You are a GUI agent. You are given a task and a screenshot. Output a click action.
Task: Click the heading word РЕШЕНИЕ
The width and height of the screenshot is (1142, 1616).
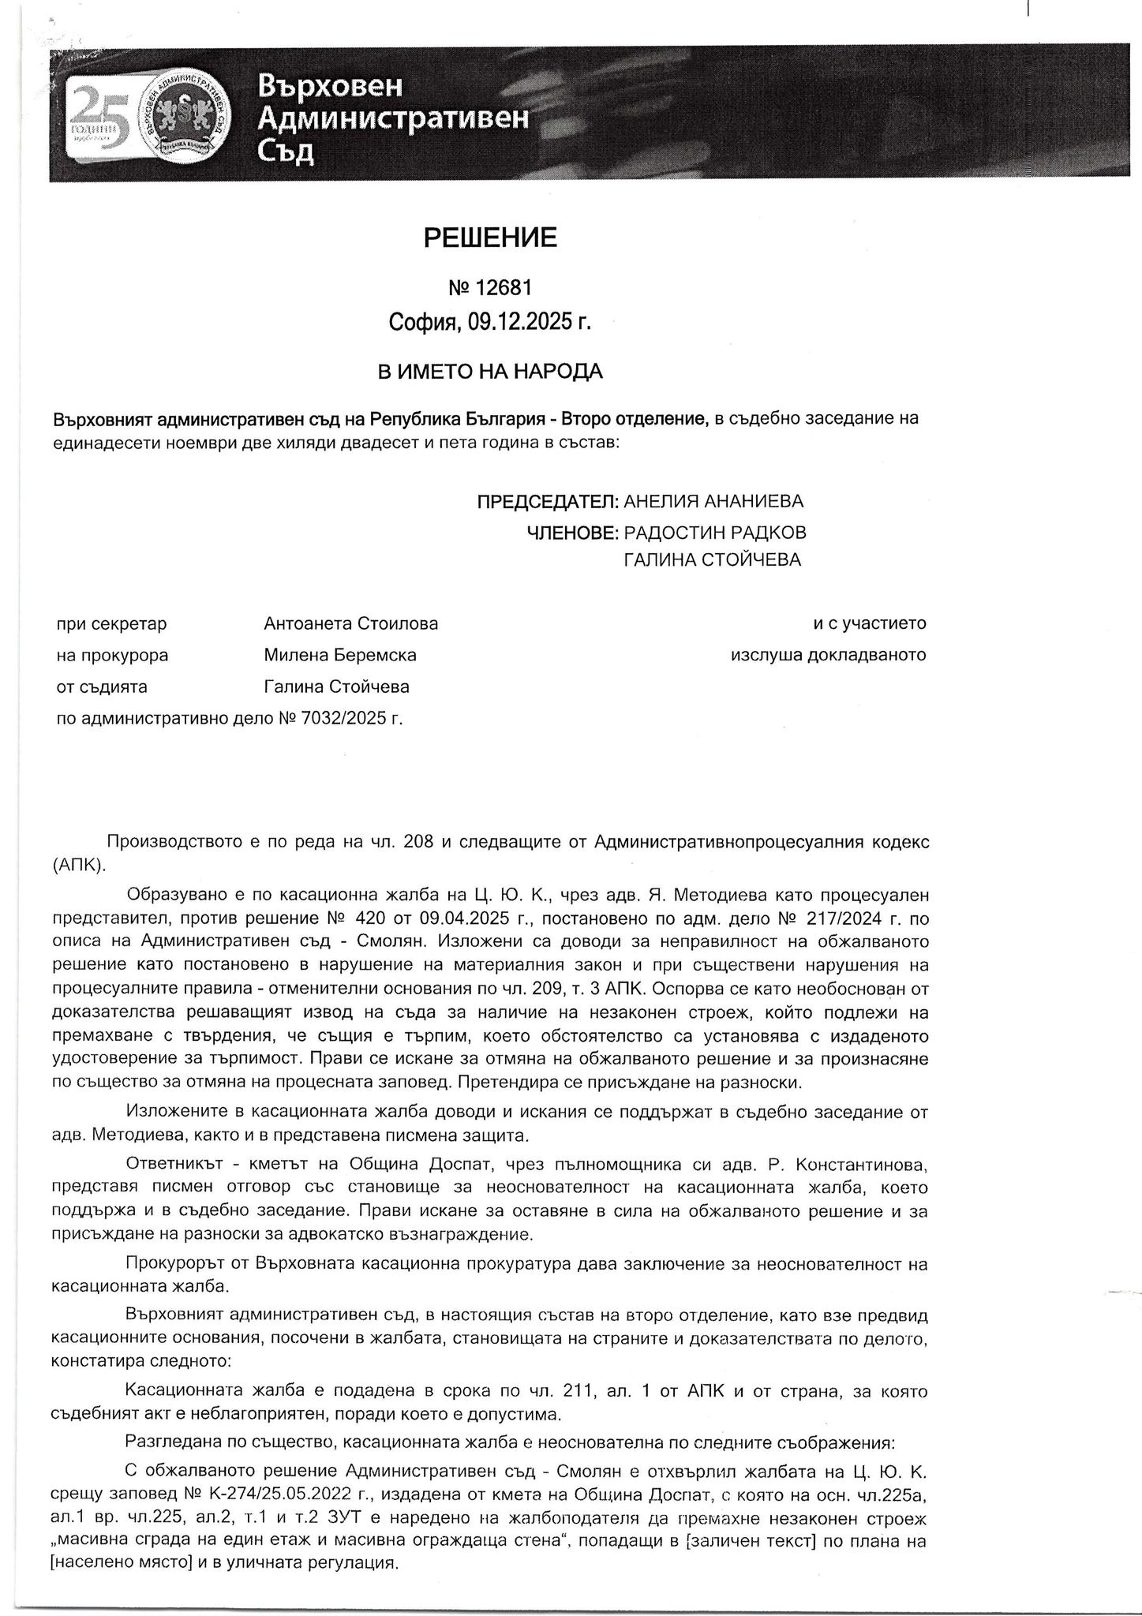coord(490,238)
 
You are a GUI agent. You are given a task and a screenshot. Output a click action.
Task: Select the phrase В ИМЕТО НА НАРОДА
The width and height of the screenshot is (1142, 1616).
coord(490,372)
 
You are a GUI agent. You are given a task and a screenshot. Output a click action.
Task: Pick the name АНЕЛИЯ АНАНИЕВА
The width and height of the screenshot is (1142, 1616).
coord(713,502)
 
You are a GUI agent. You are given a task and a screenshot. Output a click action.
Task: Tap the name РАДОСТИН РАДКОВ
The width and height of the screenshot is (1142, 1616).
coord(715,533)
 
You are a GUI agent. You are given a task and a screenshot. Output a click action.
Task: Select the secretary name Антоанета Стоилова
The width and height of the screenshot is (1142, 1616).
coord(351,623)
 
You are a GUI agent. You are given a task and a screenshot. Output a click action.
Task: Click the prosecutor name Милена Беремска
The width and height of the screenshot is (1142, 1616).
coord(340,655)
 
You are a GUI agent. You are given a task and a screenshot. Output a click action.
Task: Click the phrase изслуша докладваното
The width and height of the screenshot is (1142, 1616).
coord(829,655)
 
